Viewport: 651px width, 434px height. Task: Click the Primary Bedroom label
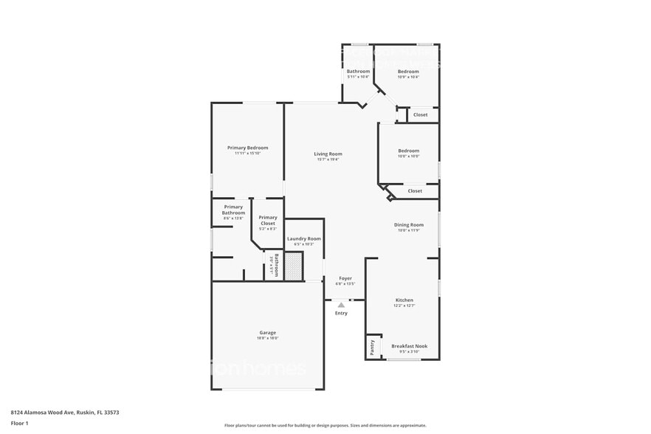pos(247,148)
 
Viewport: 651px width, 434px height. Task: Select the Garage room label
pos(267,332)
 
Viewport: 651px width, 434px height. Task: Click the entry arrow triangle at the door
pos(341,303)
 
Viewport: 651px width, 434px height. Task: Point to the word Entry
pos(341,313)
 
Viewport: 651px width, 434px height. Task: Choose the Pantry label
pos(372,347)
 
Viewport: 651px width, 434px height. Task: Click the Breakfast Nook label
pos(409,346)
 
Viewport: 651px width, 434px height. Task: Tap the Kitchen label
pos(404,300)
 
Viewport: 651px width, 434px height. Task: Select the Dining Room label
pos(408,224)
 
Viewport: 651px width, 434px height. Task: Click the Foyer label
pos(345,278)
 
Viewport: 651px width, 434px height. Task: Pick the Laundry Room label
pos(303,238)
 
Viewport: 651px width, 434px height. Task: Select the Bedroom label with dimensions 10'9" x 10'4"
pos(408,72)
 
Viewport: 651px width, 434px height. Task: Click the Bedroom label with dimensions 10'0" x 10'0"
pos(408,151)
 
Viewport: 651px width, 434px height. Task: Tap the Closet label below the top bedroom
pos(420,114)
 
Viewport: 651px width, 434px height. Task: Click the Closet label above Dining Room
pos(415,190)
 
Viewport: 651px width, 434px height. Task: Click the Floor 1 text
pos(19,423)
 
